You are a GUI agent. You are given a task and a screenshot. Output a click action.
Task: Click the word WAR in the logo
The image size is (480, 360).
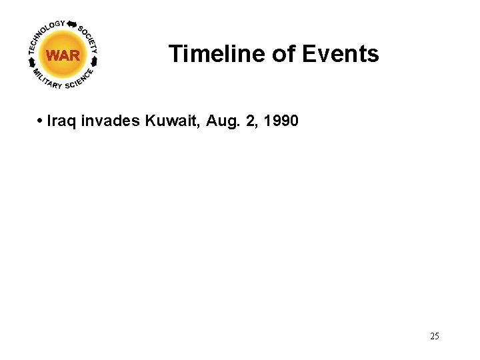63,55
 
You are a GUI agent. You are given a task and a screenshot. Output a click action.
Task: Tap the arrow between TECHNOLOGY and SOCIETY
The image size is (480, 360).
72,23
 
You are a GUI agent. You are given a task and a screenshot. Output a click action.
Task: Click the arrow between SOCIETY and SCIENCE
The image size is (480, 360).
95,61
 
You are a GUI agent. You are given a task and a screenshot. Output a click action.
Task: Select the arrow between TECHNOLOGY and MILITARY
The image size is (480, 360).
31,62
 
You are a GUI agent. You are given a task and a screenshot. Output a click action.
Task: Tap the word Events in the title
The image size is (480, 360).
340,53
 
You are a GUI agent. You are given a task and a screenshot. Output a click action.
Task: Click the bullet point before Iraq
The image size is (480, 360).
41,121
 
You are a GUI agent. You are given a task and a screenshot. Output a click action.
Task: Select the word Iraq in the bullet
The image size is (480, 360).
61,121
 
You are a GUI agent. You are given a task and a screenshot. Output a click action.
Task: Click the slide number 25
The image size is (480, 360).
435,336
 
